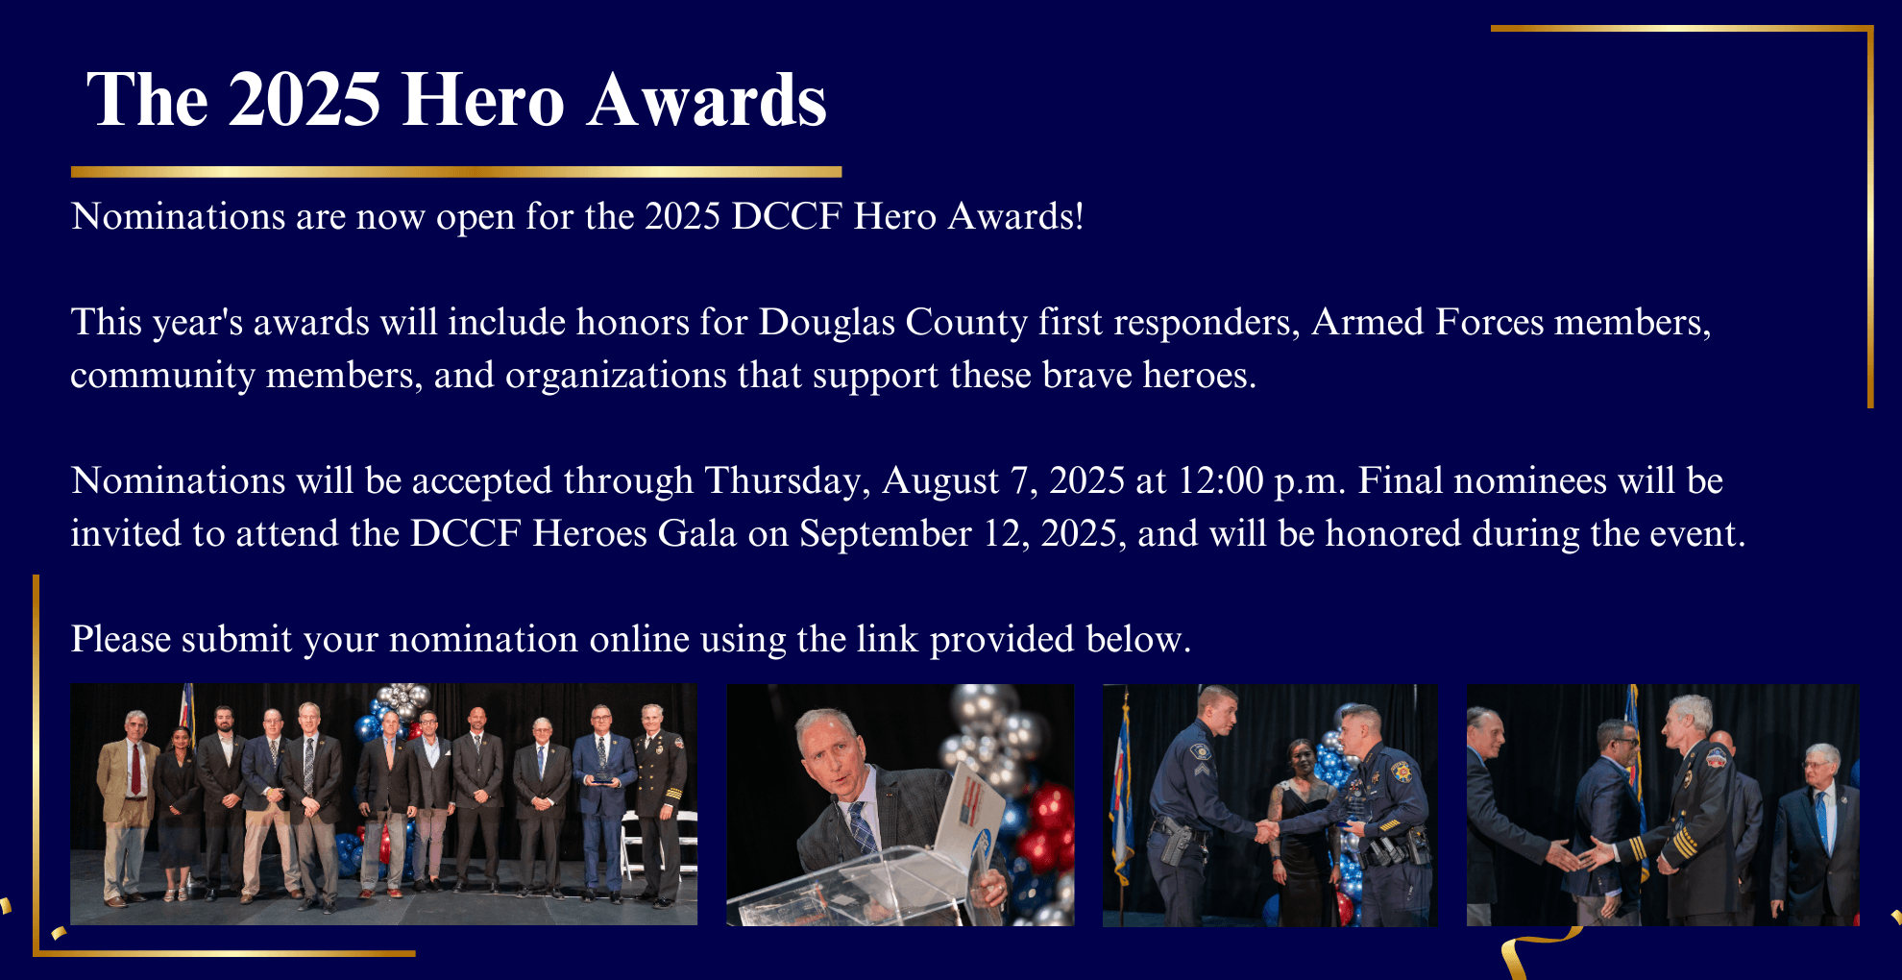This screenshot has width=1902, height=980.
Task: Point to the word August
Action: pyautogui.click(x=940, y=481)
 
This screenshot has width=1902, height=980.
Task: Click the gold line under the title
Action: pyautogui.click(x=456, y=172)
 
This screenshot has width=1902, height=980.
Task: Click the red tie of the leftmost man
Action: pyautogui.click(x=136, y=769)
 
